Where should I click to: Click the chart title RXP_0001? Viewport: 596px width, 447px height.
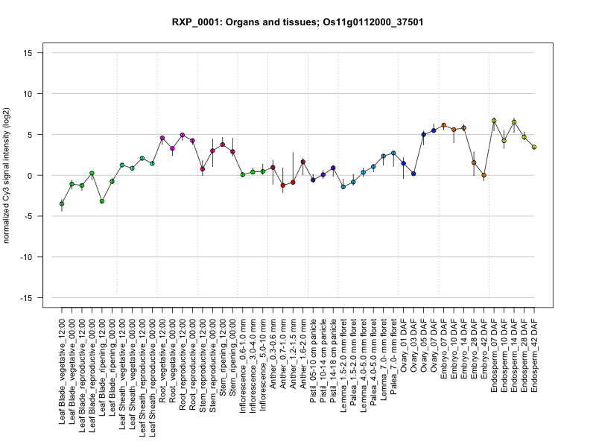[x=298, y=22]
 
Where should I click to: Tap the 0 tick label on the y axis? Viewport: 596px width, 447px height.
[x=31, y=175]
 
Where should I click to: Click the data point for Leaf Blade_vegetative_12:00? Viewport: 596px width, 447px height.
[x=62, y=203]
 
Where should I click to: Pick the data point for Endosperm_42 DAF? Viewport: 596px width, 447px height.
[x=534, y=148]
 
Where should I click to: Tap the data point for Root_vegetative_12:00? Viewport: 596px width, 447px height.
[x=162, y=138]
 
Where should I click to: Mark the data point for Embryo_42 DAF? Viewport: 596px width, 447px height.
[x=484, y=175]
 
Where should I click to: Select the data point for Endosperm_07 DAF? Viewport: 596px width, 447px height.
[x=494, y=121]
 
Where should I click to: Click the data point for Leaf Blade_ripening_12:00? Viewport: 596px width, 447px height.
[x=102, y=201]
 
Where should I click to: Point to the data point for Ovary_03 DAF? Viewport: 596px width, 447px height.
[x=413, y=174]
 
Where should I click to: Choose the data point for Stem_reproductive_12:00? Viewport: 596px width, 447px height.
[x=203, y=169]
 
